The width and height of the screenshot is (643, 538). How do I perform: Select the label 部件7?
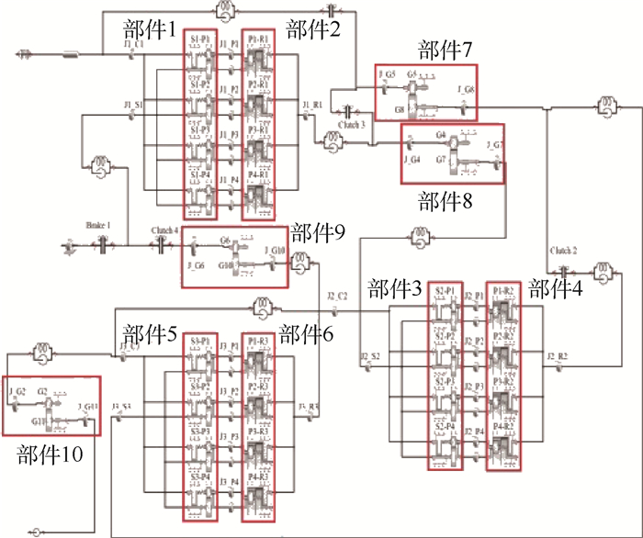pyautogui.click(x=444, y=50)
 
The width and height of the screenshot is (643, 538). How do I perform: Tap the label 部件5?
pyautogui.click(x=147, y=335)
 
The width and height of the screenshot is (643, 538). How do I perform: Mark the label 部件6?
pyautogui.click(x=307, y=335)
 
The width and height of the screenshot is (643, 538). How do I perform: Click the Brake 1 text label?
pyautogui.click(x=97, y=225)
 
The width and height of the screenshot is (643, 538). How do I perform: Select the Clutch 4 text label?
pyautogui.click(x=163, y=230)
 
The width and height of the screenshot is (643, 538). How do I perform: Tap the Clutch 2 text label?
pyautogui.click(x=563, y=250)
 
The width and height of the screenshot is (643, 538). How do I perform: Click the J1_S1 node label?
pyautogui.click(x=132, y=106)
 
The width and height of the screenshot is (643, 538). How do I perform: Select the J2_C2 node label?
pyautogui.click(x=336, y=296)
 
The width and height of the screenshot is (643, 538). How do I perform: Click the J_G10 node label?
pyautogui.click(x=276, y=250)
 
